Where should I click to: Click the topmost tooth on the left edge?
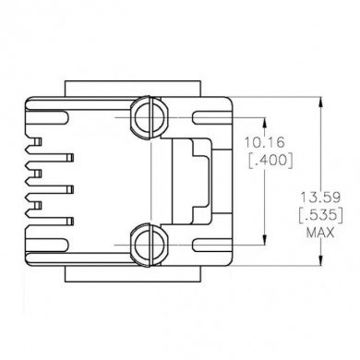[36, 143]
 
